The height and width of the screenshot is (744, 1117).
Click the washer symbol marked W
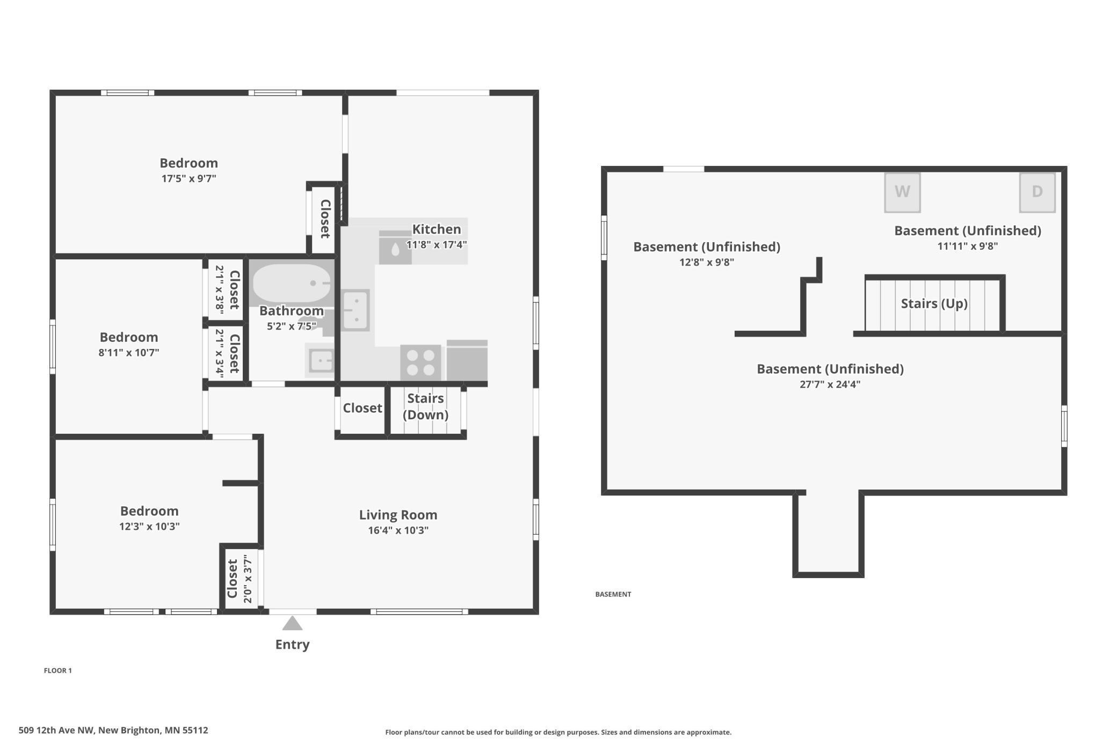902,192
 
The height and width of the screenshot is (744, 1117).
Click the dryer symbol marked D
1037,192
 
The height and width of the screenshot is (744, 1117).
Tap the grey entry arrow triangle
292,623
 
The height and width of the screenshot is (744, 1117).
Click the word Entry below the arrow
292,644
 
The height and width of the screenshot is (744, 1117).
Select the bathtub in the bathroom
292,283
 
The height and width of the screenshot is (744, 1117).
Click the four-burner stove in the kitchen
420,363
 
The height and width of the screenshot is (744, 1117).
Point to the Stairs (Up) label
934,304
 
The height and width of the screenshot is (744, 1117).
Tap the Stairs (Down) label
425,406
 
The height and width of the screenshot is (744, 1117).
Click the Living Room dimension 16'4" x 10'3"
398,530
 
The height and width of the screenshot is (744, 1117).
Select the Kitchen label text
436,229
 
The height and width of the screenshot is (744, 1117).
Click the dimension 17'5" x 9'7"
188,178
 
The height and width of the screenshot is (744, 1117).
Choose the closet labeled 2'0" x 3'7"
240,579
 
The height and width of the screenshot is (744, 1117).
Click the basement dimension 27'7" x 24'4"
830,384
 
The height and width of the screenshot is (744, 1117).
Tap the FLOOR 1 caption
57,670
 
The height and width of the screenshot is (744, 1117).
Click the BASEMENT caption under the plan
613,594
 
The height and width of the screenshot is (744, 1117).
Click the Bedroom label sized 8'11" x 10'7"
129,337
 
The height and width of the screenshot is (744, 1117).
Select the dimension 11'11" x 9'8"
967,246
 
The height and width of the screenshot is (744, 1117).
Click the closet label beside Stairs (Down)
362,408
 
